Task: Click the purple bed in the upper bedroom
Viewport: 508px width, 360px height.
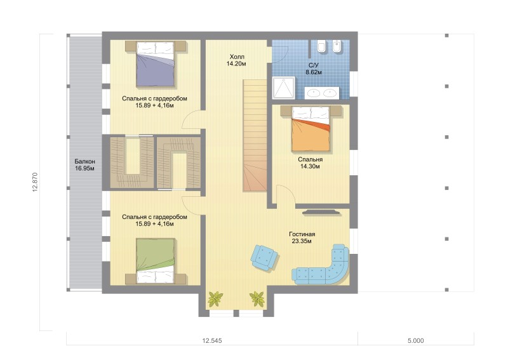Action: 156,64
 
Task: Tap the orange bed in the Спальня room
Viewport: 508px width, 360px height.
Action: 311,129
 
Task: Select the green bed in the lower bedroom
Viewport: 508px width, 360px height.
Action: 156,261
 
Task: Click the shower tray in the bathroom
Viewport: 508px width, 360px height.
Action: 283,88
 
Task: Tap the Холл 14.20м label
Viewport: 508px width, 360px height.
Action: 236,60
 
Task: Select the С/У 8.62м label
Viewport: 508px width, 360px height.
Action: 314,69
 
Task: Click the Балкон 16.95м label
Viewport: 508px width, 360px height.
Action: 84,164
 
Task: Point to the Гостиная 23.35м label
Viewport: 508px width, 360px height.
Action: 302,237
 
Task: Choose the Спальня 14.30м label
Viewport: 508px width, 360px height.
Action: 310,163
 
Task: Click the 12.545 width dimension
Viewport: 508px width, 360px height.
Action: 212,340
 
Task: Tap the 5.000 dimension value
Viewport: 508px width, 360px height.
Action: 416,340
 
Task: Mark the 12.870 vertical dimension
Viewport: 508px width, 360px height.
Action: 36,182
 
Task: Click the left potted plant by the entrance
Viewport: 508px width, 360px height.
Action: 215,299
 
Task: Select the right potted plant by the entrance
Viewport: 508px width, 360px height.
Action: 257,299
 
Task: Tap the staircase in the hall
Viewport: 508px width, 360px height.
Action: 255,136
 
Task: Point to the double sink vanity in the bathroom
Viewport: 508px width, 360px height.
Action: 322,93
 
